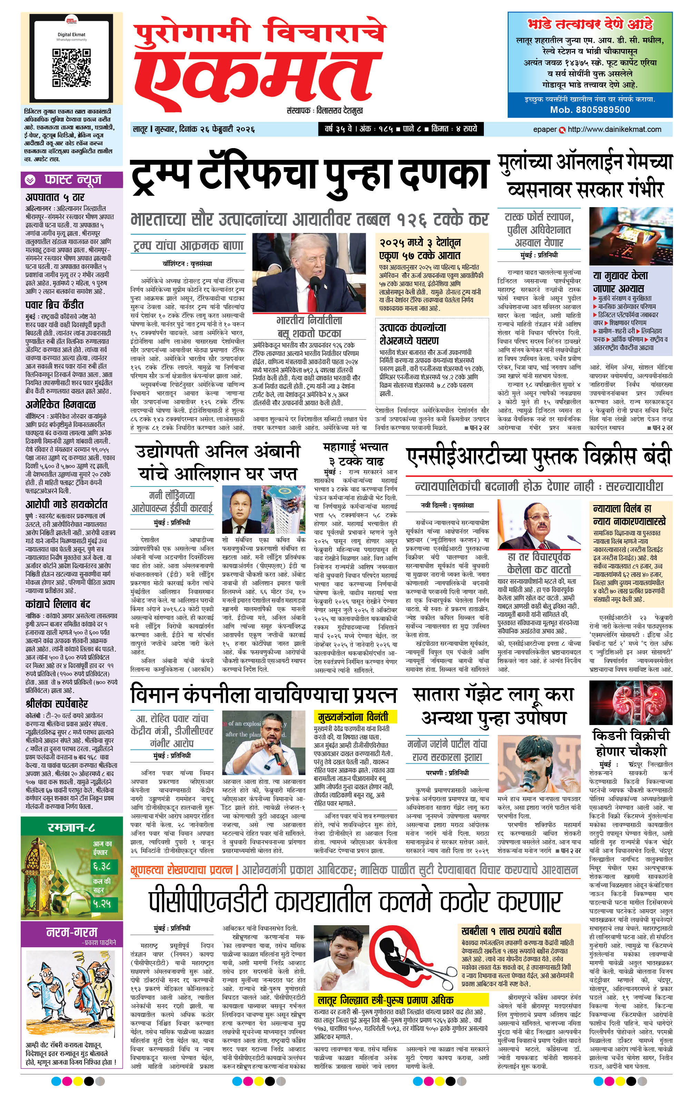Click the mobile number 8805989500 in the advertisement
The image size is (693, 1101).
pos(590,110)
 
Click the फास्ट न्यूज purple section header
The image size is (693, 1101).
pos(72,180)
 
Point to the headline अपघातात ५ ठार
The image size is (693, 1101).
pos(55,197)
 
